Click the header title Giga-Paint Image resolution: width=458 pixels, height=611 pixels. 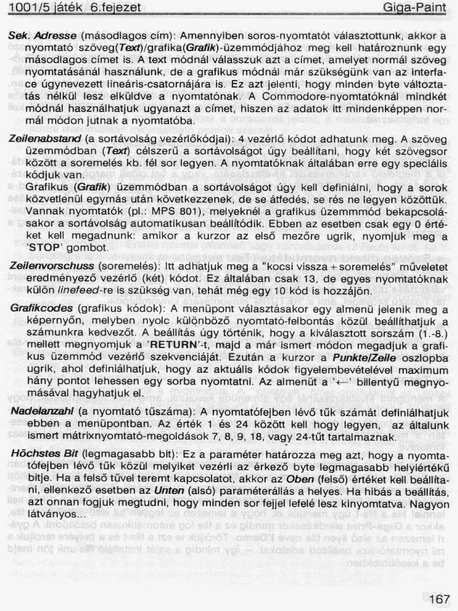click(x=415, y=8)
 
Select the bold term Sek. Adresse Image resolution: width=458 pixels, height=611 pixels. click(x=43, y=37)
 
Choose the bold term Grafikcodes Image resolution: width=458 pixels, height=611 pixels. click(x=40, y=310)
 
